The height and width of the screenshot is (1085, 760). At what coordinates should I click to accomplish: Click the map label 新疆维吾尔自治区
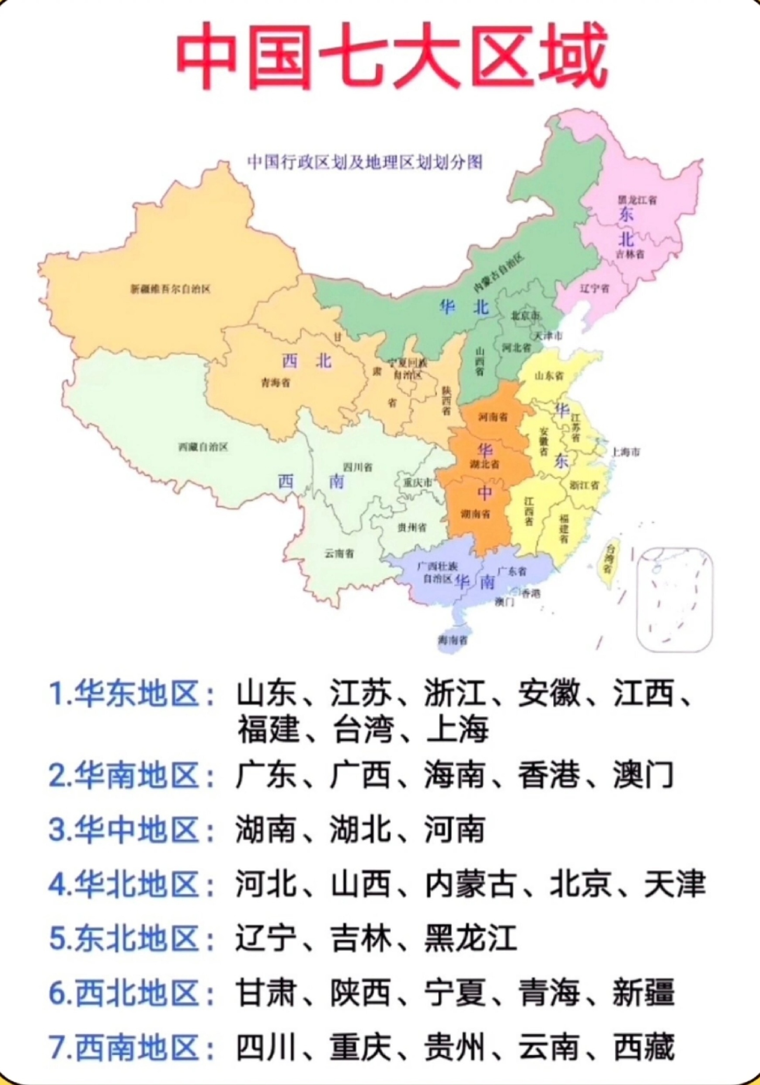click(170, 289)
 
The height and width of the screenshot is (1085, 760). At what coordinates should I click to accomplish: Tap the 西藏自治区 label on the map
click(203, 447)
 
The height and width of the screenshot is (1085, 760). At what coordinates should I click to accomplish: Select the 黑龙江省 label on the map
click(637, 200)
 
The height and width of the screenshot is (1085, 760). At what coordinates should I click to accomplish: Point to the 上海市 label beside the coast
click(625, 452)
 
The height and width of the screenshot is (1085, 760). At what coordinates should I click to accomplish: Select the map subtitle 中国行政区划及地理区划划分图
click(364, 162)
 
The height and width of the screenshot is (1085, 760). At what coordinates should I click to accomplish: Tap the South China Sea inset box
click(674, 599)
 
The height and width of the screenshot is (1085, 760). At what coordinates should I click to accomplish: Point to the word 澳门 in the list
click(642, 775)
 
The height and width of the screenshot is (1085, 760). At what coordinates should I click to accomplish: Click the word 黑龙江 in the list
click(470, 938)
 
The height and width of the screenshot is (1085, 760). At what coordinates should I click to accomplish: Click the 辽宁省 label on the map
click(594, 288)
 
